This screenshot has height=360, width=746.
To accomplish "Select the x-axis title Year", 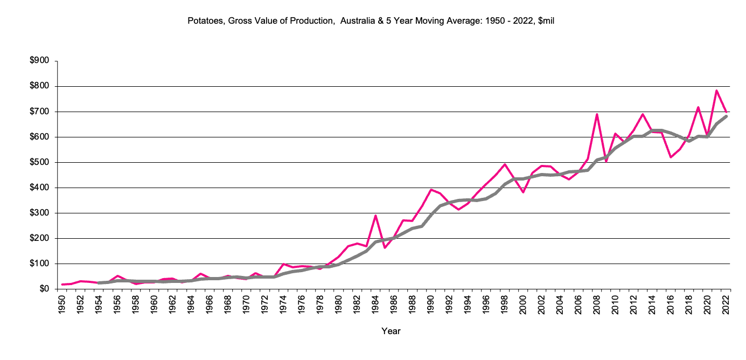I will click(x=391, y=331).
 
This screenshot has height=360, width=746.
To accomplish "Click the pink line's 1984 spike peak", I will click(x=375, y=216).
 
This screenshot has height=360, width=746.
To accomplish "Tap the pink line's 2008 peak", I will click(x=597, y=114).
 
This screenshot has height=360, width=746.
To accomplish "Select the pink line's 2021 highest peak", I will click(x=717, y=91).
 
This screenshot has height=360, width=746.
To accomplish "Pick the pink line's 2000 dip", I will click(x=523, y=192).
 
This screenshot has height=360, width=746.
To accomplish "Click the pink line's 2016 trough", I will click(x=671, y=157).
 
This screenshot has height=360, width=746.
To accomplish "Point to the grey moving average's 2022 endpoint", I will click(x=727, y=116).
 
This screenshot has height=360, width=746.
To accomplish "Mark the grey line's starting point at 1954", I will click(x=99, y=282).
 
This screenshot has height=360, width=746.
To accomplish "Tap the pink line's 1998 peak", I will click(x=505, y=164).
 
